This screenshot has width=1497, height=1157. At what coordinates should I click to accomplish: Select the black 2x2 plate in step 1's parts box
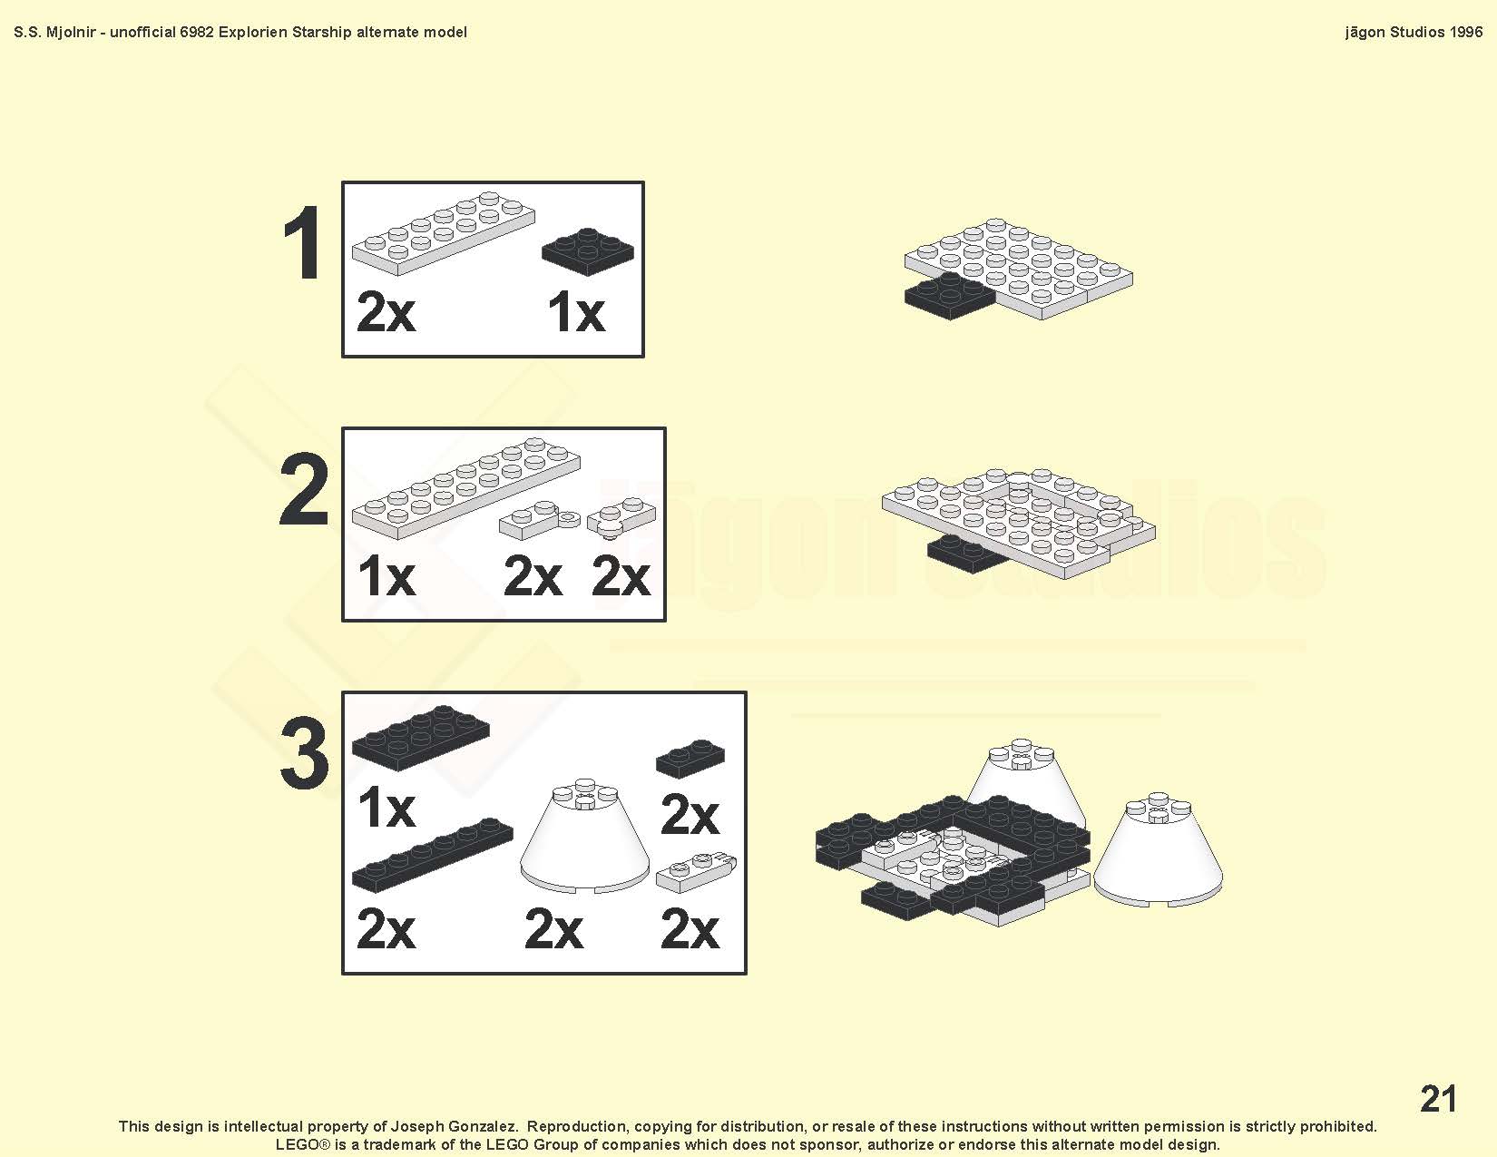[588, 251]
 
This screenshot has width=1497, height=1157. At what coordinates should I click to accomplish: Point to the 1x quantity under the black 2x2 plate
[576, 312]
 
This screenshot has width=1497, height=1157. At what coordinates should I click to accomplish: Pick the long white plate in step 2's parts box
[465, 487]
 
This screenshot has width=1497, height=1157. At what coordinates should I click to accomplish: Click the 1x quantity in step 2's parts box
[386, 576]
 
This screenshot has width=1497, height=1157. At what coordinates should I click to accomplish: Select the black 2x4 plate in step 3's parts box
[420, 737]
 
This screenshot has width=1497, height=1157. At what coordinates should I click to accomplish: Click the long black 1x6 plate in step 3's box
[432, 854]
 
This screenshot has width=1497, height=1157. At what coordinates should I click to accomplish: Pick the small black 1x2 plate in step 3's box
[690, 759]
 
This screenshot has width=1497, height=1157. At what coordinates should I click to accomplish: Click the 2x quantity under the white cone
[553, 929]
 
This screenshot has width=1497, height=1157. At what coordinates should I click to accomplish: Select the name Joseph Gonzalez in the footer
[454, 1126]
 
